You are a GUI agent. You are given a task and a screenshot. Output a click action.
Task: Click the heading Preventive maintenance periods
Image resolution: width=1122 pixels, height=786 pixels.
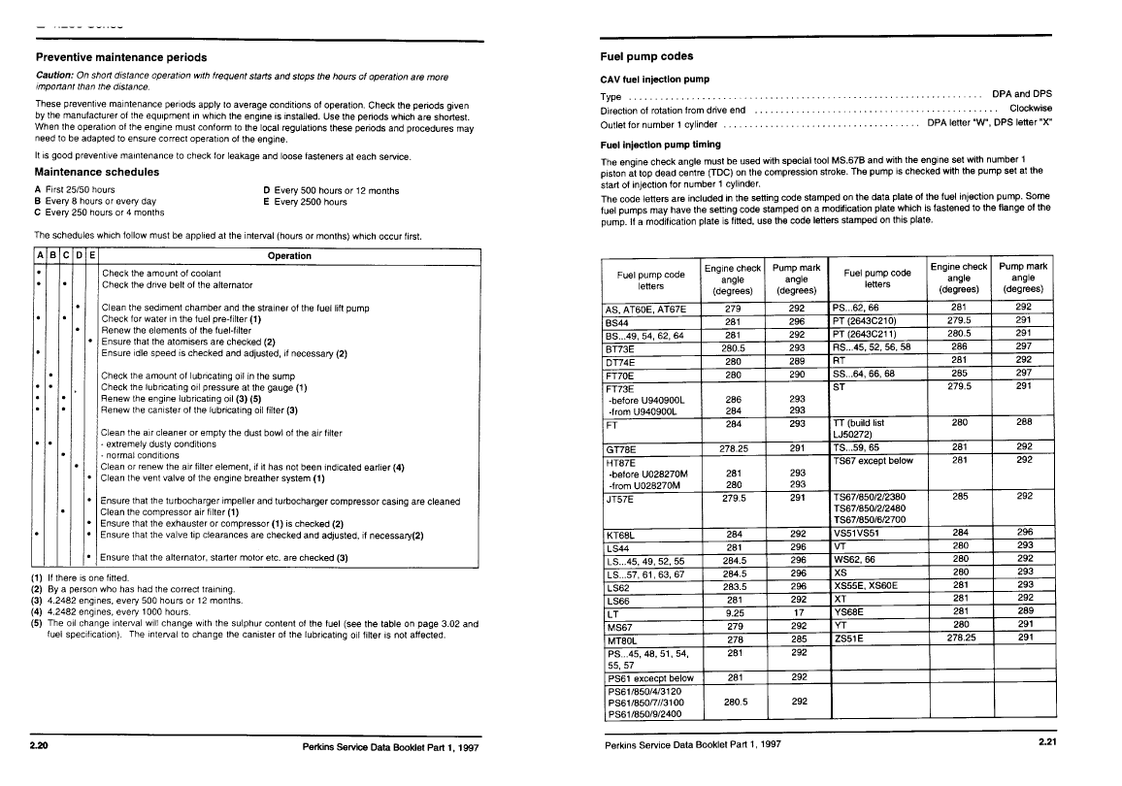click(x=120, y=57)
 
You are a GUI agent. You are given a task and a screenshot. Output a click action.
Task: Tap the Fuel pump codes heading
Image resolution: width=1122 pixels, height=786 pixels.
click(x=646, y=56)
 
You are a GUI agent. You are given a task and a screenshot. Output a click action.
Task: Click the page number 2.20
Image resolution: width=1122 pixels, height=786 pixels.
click(x=39, y=746)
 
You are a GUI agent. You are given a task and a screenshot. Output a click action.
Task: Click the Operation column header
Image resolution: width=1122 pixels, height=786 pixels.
click(x=289, y=255)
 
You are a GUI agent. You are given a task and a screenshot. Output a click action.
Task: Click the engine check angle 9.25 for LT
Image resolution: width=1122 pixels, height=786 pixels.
click(x=733, y=614)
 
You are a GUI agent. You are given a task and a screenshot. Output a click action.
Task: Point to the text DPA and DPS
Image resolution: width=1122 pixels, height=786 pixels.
click(x=1021, y=94)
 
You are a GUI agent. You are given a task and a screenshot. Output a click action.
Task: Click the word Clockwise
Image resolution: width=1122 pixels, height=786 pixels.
click(x=1030, y=109)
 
